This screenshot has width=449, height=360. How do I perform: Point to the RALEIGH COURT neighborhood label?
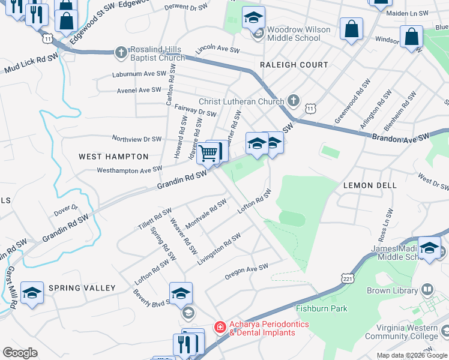pos(294,65)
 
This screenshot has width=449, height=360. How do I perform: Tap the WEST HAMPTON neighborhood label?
pos(113,157)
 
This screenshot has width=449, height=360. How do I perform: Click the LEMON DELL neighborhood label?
pos(370,185)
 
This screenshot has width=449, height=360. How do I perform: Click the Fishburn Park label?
pos(321,308)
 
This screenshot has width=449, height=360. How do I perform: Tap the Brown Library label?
pos(392,290)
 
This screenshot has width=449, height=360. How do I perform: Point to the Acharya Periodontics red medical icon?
pos(220,327)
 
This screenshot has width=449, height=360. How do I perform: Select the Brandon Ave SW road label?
pos(401,137)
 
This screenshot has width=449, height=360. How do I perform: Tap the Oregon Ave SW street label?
pos(247,271)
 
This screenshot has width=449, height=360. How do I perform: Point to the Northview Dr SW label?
pos(137,139)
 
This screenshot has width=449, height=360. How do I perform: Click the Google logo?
pos(20,353)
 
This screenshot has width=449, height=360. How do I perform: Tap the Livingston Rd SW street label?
pos(219,247)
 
